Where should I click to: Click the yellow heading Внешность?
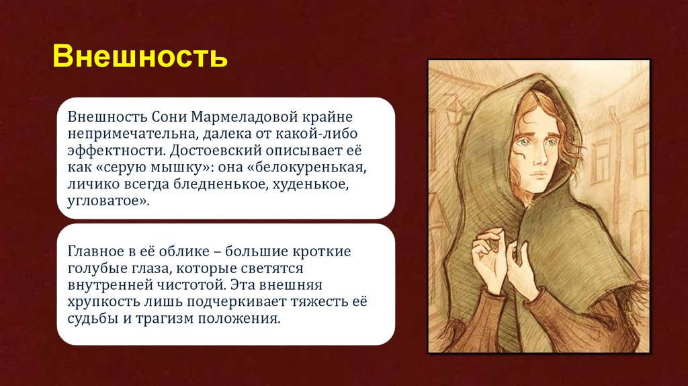tap(140, 57)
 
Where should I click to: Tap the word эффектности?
tap(107, 149)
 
